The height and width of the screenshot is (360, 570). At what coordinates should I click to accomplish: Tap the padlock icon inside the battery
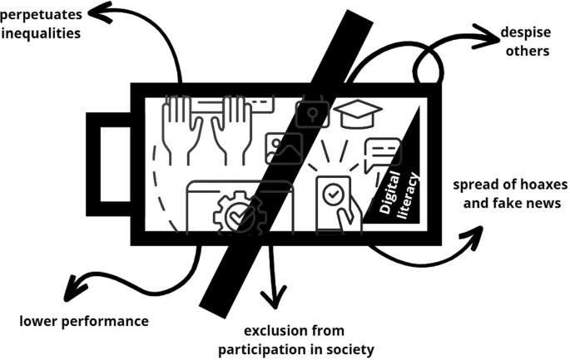coord(313,113)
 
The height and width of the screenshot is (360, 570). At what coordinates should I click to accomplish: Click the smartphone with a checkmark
coord(333,200)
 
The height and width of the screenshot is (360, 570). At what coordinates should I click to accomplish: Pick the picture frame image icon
coord(283,148)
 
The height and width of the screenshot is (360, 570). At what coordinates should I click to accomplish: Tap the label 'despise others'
coord(525,42)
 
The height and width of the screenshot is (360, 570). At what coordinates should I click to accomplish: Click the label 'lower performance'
coord(84,321)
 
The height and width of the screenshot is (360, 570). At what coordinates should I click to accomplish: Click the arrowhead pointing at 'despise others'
coord(482,36)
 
